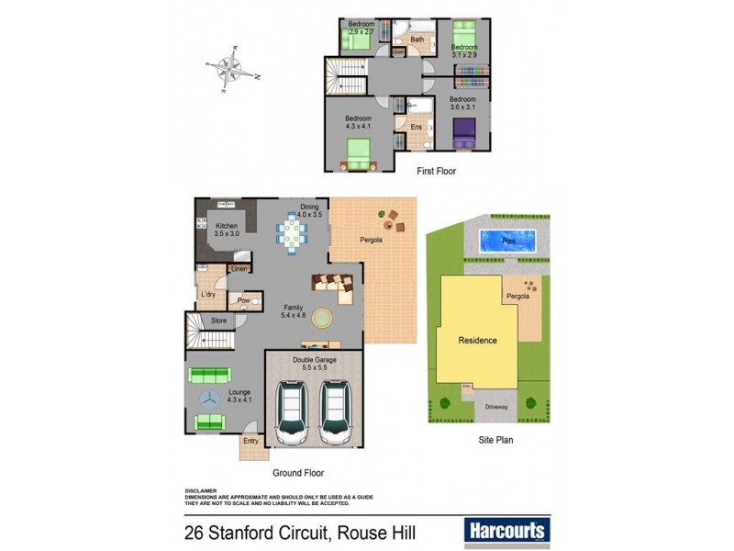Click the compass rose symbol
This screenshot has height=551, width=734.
click(x=233, y=70)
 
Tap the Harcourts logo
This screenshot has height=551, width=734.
click(x=506, y=530)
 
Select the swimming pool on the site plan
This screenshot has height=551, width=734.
click(x=508, y=241)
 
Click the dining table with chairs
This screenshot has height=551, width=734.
click(x=293, y=233)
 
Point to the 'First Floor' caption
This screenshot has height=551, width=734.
click(x=436, y=172)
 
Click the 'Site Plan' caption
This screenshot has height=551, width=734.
click(x=495, y=440)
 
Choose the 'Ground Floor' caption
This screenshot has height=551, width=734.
click(x=298, y=473)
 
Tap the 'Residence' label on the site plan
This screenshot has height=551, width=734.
click(x=477, y=341)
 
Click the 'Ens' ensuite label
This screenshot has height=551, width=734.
click(x=416, y=128)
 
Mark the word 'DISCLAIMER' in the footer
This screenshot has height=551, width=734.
click(x=200, y=490)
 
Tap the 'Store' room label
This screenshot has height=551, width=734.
click(x=218, y=320)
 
